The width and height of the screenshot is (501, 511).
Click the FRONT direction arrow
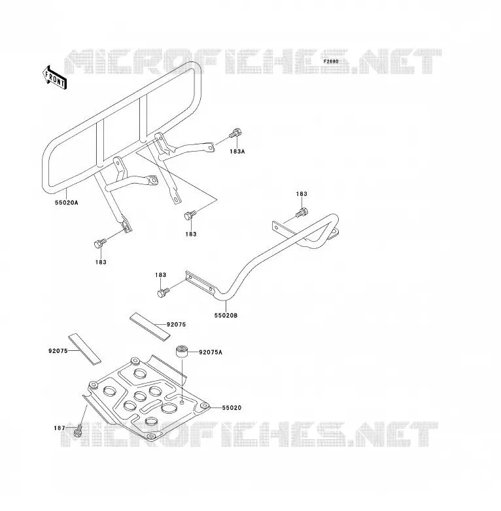click(x=54, y=78)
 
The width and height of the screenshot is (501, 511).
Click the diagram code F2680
click(x=331, y=61)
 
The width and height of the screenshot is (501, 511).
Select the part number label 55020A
click(x=67, y=203)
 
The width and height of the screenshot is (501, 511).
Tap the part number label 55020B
click(x=226, y=316)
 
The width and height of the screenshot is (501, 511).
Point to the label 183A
click(x=237, y=152)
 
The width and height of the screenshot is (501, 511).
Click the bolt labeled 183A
click(x=235, y=133)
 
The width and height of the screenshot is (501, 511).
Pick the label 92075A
click(x=211, y=352)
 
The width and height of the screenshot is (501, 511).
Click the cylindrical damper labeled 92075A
click(x=182, y=352)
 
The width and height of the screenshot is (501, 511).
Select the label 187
click(x=60, y=428)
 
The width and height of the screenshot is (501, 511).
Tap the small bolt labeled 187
click(x=78, y=431)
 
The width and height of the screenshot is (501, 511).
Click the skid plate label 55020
click(x=232, y=408)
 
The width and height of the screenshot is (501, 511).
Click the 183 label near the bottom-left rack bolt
click(x=101, y=262)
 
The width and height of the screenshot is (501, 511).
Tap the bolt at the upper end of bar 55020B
click(x=302, y=212)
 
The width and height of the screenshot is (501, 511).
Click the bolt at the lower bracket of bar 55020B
click(x=164, y=292)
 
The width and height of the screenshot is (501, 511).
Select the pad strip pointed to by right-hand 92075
click(x=150, y=327)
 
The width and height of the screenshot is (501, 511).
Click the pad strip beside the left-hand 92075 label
click(x=84, y=349)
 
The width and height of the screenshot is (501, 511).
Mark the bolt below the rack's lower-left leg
click(x=100, y=244)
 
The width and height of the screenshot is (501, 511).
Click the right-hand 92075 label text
click(x=176, y=325)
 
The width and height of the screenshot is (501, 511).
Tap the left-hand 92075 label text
click(x=58, y=351)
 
